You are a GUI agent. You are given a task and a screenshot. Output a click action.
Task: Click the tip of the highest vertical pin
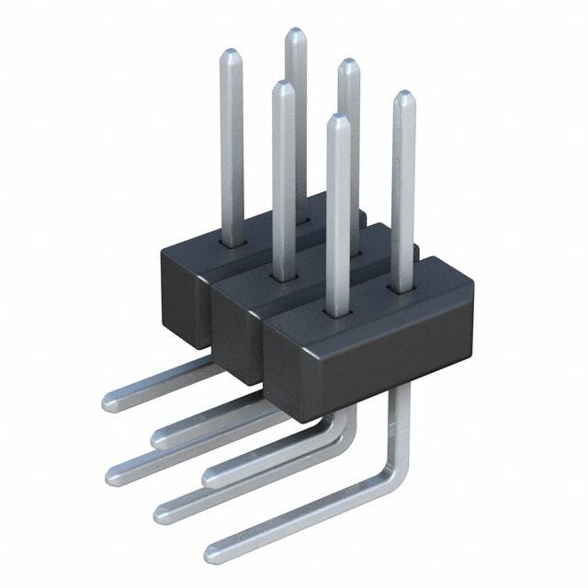point(295,34)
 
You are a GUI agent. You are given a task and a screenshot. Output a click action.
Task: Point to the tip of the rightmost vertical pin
point(402,97)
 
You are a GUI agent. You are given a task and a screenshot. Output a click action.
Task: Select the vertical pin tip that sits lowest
point(338,120)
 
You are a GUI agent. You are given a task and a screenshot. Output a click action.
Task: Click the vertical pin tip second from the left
point(282,88)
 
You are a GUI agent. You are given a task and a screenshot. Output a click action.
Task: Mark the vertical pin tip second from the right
point(348,65)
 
